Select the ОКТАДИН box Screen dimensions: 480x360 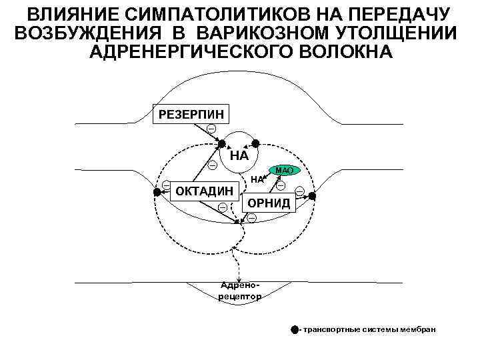[204, 192]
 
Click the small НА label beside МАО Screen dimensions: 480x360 [258, 179]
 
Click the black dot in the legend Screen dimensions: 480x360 [295, 329]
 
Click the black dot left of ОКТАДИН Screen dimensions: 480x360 [157, 192]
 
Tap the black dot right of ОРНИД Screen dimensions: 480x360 [312, 196]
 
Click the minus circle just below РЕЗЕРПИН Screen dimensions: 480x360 [211, 128]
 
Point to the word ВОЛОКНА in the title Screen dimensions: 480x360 [355, 52]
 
